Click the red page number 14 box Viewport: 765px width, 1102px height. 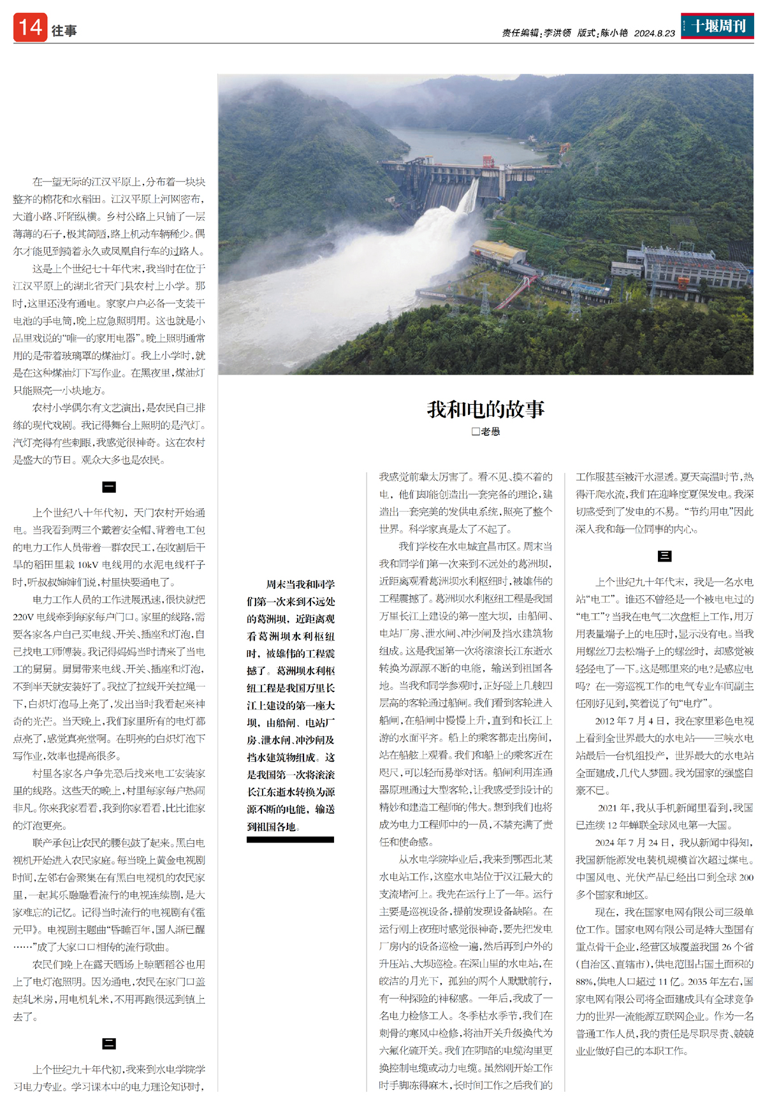click(x=30, y=27)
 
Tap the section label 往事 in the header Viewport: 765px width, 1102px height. click(x=64, y=31)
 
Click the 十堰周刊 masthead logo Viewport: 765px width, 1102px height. click(x=717, y=26)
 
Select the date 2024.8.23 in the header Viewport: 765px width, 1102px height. click(x=654, y=33)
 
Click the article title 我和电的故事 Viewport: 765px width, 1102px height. click(x=486, y=409)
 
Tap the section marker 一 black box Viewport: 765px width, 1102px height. click(x=109, y=488)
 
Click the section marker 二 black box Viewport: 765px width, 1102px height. click(x=109, y=1043)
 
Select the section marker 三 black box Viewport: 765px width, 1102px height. click(x=664, y=556)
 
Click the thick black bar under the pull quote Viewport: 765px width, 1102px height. click(x=290, y=839)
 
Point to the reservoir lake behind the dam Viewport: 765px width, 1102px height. click(x=459, y=143)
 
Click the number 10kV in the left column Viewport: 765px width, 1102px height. click(x=87, y=565)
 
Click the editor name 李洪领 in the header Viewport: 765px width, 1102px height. click(x=557, y=33)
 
